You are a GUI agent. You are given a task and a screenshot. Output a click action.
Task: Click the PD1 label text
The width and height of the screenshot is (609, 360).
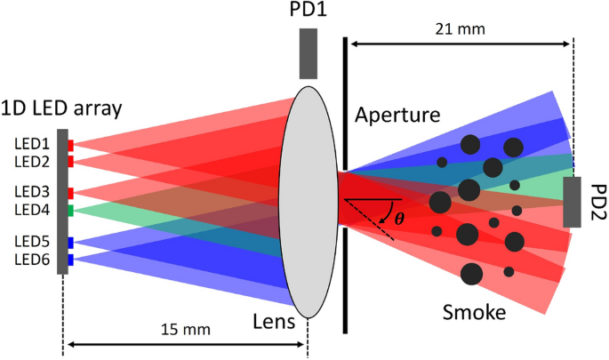pyautogui.click(x=309, y=12)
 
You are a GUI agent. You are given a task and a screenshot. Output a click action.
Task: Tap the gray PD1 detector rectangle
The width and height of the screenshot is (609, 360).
pyautogui.click(x=309, y=53)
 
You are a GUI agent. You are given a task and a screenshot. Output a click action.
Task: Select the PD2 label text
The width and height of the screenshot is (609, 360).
pyautogui.click(x=592, y=202)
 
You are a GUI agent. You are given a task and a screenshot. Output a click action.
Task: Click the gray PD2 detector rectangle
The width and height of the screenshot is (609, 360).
pyautogui.click(x=573, y=202)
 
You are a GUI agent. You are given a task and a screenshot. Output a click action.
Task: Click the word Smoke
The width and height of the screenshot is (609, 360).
pyautogui.click(x=473, y=312)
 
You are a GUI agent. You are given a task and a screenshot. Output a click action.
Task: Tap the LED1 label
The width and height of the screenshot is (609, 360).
pyautogui.click(x=32, y=143)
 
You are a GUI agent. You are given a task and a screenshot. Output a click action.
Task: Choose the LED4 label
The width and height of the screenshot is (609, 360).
pyautogui.click(x=32, y=210)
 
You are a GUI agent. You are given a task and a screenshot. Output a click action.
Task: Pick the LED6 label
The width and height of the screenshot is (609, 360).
pyautogui.click(x=32, y=260)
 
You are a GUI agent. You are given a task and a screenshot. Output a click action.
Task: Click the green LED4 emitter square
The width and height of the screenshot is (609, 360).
pyautogui.click(x=70, y=210)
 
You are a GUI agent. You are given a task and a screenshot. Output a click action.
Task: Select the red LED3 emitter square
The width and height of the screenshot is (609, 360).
pyautogui.click(x=70, y=193)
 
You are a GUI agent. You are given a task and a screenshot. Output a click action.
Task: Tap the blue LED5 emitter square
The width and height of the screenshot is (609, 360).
pyautogui.click(x=70, y=243)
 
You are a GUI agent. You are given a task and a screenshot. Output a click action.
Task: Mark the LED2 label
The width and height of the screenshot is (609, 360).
pyautogui.click(x=32, y=161)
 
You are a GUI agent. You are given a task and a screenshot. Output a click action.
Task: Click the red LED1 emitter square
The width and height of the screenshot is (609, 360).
pyautogui.click(x=70, y=144)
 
